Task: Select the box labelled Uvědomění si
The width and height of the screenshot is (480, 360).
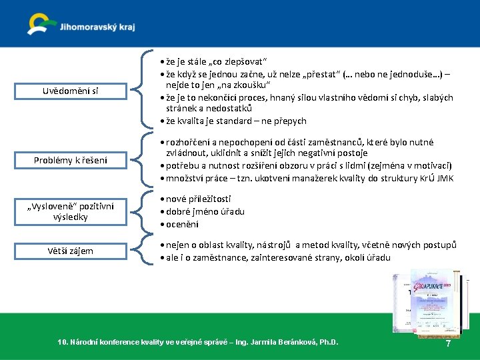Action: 67,91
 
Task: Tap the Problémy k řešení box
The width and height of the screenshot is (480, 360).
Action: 71,159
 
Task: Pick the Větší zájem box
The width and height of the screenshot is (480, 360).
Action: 70,251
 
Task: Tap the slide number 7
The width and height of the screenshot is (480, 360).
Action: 448,344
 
